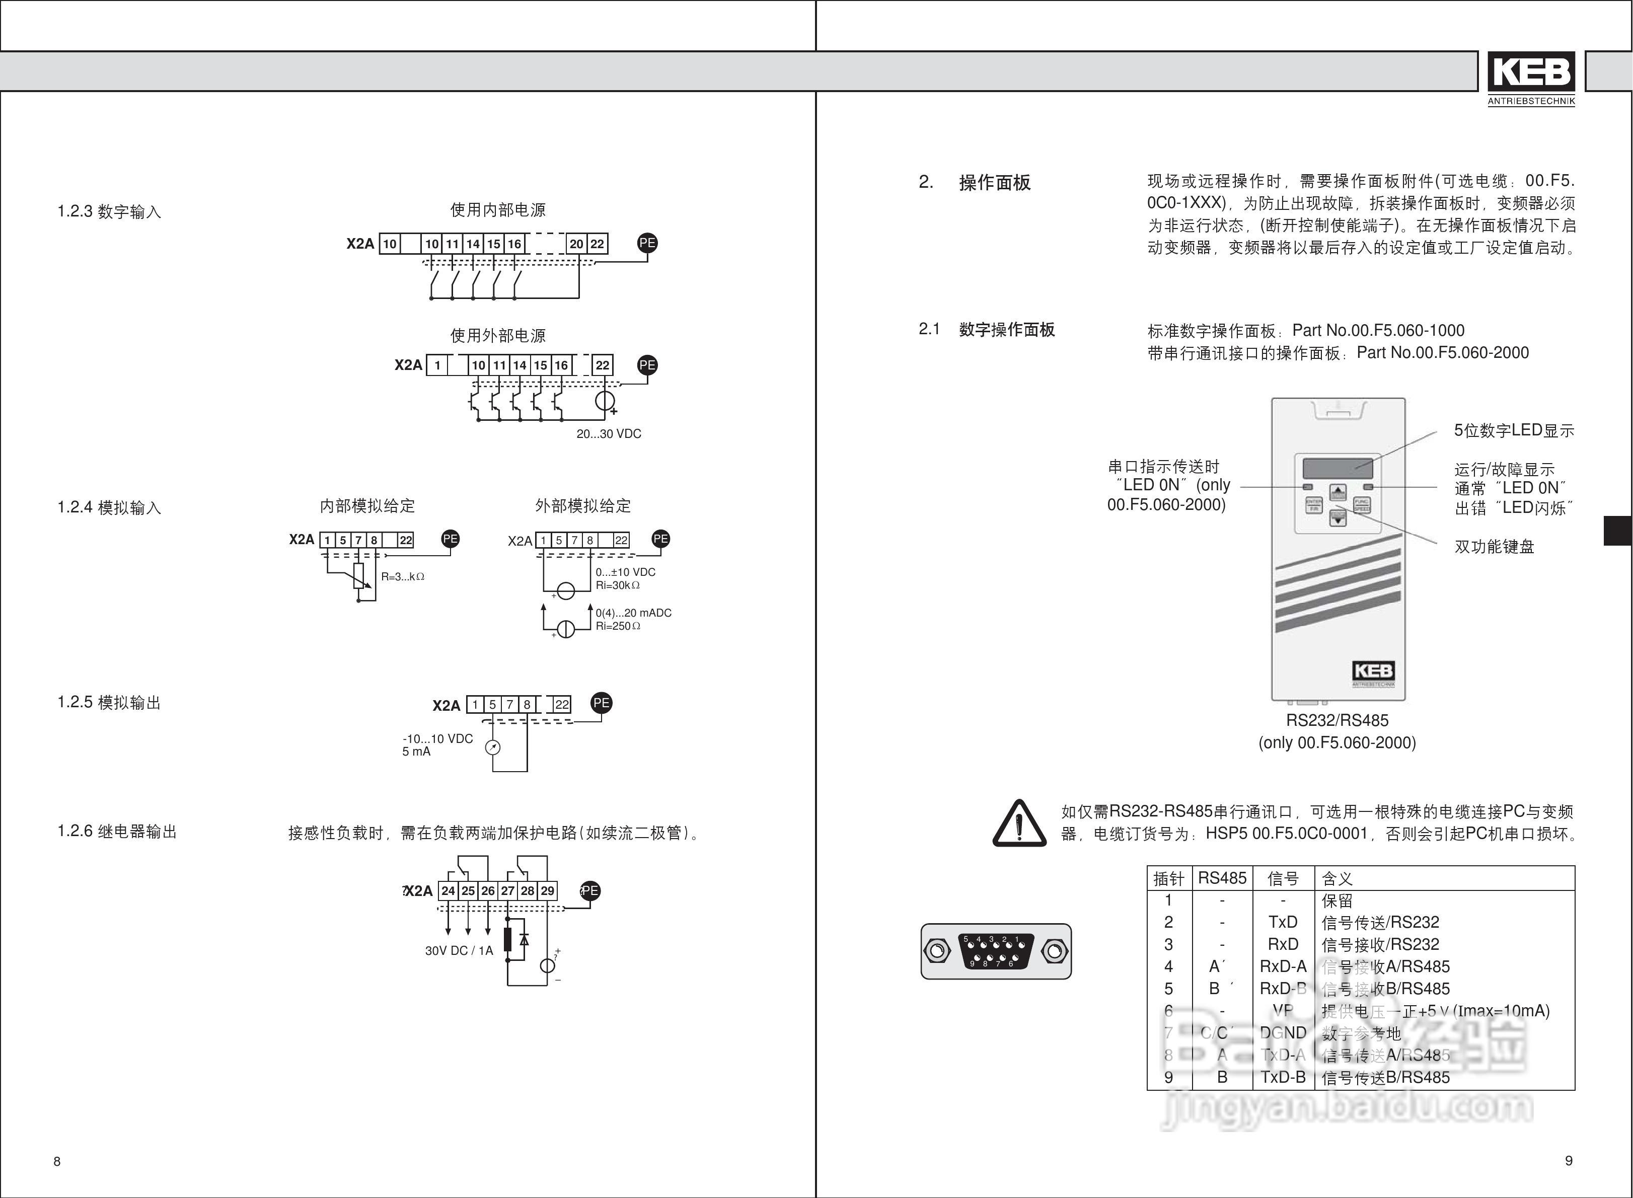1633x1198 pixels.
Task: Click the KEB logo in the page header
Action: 1531,72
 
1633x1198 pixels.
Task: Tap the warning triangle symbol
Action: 1019,824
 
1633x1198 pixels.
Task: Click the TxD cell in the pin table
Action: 1282,923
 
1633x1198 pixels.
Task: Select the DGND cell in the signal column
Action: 1282,1033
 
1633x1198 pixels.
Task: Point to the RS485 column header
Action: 1222,879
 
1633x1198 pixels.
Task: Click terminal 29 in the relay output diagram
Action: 548,890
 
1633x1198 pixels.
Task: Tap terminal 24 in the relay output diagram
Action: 448,890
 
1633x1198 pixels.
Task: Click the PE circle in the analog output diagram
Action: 601,703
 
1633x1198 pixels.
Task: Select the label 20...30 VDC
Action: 609,434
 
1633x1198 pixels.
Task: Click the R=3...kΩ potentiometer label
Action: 402,577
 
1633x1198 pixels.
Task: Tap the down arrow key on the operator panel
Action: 1338,518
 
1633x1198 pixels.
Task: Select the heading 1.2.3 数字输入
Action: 109,212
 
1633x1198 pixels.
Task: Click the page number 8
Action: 57,1161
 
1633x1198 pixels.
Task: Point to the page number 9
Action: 1569,1160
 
